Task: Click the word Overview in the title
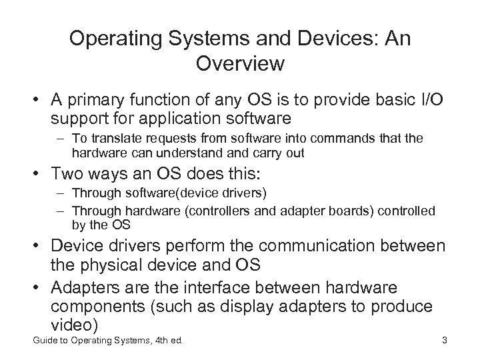[x=240, y=64]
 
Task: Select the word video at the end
[x=74, y=326]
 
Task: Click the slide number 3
[x=444, y=343]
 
